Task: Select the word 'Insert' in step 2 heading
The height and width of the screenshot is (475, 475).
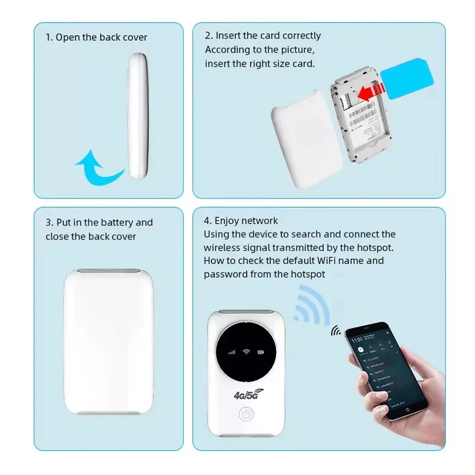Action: click(x=229, y=36)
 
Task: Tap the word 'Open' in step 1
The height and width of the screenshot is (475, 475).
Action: click(x=66, y=37)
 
